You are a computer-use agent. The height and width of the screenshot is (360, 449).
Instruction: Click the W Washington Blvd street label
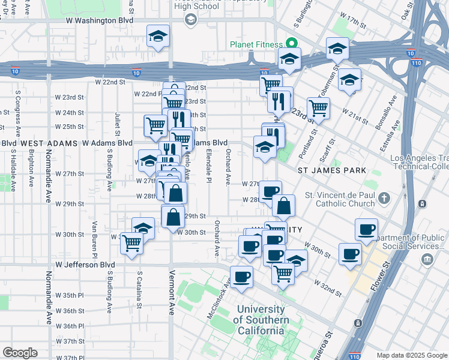coord(99,20)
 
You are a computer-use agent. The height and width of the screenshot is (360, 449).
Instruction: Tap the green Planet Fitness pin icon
coord(291,43)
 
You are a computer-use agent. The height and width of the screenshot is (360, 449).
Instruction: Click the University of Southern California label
coord(261,320)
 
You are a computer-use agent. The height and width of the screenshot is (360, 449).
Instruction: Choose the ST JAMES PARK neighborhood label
coord(331,170)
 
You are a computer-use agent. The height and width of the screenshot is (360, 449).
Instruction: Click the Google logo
coord(20,353)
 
